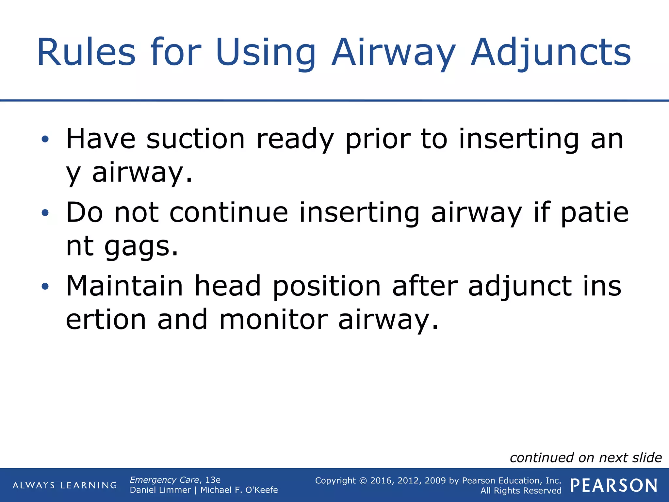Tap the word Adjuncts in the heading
click(551, 52)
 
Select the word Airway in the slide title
click(393, 52)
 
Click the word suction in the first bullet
click(195, 139)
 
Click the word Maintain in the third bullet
click(124, 286)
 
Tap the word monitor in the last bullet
click(273, 319)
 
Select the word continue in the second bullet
click(229, 212)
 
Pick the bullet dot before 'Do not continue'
click(45, 213)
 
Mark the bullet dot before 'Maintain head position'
click(45, 287)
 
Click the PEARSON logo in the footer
click(614, 486)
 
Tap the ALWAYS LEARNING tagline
click(65, 485)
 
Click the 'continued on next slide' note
click(586, 458)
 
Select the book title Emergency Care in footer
click(164, 480)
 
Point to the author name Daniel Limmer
click(160, 490)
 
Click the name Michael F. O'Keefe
click(239, 490)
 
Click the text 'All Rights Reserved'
click(521, 491)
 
